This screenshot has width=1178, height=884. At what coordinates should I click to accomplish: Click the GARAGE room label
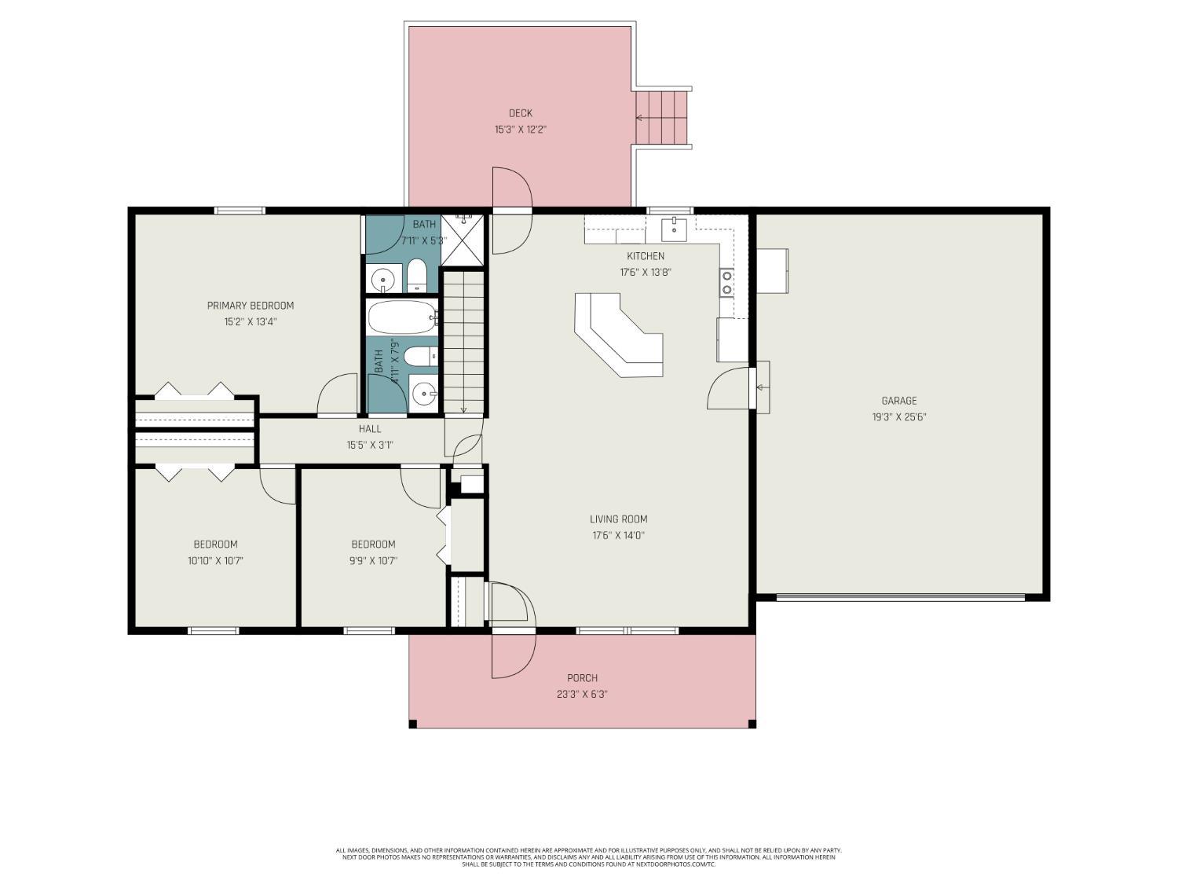click(x=898, y=401)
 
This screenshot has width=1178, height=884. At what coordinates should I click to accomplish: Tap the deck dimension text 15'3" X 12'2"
click(x=519, y=130)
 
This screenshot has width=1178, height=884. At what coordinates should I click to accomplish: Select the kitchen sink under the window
click(x=674, y=229)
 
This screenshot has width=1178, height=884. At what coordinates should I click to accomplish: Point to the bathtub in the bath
click(x=401, y=317)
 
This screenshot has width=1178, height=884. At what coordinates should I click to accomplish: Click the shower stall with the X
click(x=464, y=240)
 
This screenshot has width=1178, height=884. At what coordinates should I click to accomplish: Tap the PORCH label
click(x=582, y=678)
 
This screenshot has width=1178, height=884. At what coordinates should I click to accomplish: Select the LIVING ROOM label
click(x=618, y=519)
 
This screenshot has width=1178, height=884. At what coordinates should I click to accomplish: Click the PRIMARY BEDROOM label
click(x=250, y=306)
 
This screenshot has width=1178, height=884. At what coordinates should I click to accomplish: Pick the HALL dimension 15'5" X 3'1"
click(x=370, y=445)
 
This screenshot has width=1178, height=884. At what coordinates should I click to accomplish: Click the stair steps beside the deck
click(x=662, y=118)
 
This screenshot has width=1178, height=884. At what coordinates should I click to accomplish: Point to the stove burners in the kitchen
click(x=727, y=282)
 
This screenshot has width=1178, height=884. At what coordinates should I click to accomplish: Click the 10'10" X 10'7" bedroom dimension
click(x=215, y=561)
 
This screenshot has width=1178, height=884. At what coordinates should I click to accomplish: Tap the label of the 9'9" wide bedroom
click(x=373, y=545)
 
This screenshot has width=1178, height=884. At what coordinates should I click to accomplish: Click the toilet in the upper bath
click(x=416, y=276)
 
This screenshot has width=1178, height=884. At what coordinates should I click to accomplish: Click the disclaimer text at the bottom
click(x=588, y=856)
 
